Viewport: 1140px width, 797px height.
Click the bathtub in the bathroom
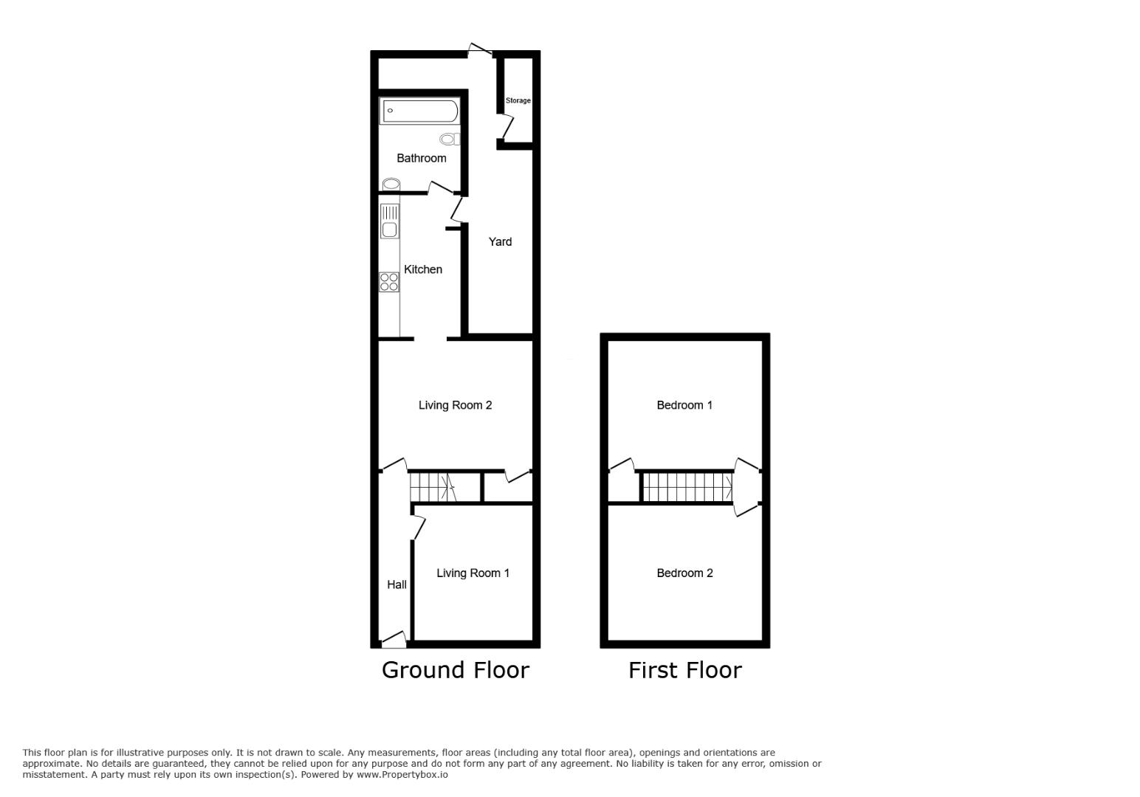pyautogui.click(x=419, y=111)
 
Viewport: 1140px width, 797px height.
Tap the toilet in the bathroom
pyautogui.click(x=449, y=139)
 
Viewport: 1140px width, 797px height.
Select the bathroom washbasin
pyautogui.click(x=391, y=184)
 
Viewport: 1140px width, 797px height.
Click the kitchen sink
pyautogui.click(x=389, y=221)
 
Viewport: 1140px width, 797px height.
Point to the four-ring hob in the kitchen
pyautogui.click(x=389, y=282)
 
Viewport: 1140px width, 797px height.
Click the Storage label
pyautogui.click(x=518, y=100)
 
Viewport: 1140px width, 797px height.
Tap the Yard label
pyautogui.click(x=500, y=241)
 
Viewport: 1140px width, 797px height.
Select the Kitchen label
pyautogui.click(x=423, y=269)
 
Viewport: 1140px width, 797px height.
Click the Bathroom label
pyautogui.click(x=421, y=158)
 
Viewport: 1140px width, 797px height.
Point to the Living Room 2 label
pyautogui.click(x=455, y=405)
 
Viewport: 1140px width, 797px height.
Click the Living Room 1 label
pyautogui.click(x=473, y=573)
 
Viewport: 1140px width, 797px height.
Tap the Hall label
pyautogui.click(x=396, y=584)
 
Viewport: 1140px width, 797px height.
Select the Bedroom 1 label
pyautogui.click(x=684, y=405)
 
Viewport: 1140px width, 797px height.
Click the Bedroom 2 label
pyautogui.click(x=684, y=573)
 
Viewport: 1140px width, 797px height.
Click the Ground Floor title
pyautogui.click(x=455, y=670)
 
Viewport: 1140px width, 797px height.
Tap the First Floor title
pyautogui.click(x=684, y=670)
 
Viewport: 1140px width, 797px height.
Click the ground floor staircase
pyautogui.click(x=433, y=487)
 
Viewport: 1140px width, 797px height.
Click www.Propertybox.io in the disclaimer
pyautogui.click(x=402, y=775)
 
